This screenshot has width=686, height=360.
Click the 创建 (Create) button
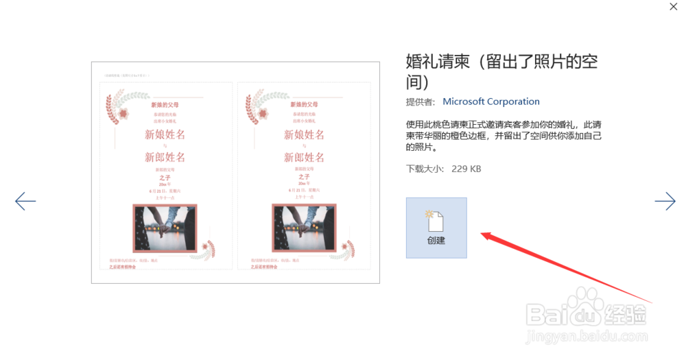tap(436, 228)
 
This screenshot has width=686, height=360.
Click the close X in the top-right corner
tap(674, 6)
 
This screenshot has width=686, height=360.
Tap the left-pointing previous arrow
tap(25, 201)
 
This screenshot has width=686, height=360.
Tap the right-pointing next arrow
tap(665, 201)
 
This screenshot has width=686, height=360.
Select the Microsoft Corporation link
tap(491, 101)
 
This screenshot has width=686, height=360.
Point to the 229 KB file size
tap(466, 168)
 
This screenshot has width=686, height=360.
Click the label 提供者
tap(421, 101)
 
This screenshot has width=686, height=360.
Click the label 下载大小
tap(425, 168)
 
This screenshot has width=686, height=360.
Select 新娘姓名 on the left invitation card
tap(165, 135)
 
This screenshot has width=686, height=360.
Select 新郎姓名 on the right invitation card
tap(305, 158)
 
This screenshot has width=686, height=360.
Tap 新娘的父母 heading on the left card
tap(165, 106)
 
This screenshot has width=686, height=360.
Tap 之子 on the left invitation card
tap(165, 178)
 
